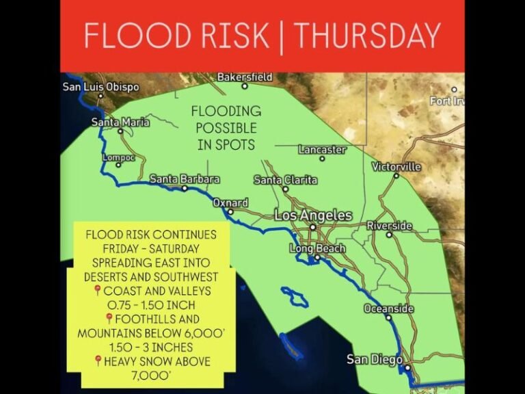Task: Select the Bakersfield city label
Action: coord(245,77)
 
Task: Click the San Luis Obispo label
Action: coord(100,87)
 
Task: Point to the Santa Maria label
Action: coord(120,122)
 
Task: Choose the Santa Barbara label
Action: coord(185,179)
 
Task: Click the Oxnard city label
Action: coord(230,203)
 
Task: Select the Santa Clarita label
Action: coord(285,180)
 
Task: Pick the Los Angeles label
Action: coord(313,215)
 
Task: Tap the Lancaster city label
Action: coord(322,149)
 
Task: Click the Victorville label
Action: coord(396,167)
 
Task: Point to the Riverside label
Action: coord(390,226)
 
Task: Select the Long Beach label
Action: coord(317,248)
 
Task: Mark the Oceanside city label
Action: coord(388,309)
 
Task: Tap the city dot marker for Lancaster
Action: coord(322,158)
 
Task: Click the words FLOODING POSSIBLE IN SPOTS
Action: coord(225,127)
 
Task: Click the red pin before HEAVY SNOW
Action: coord(97,361)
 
